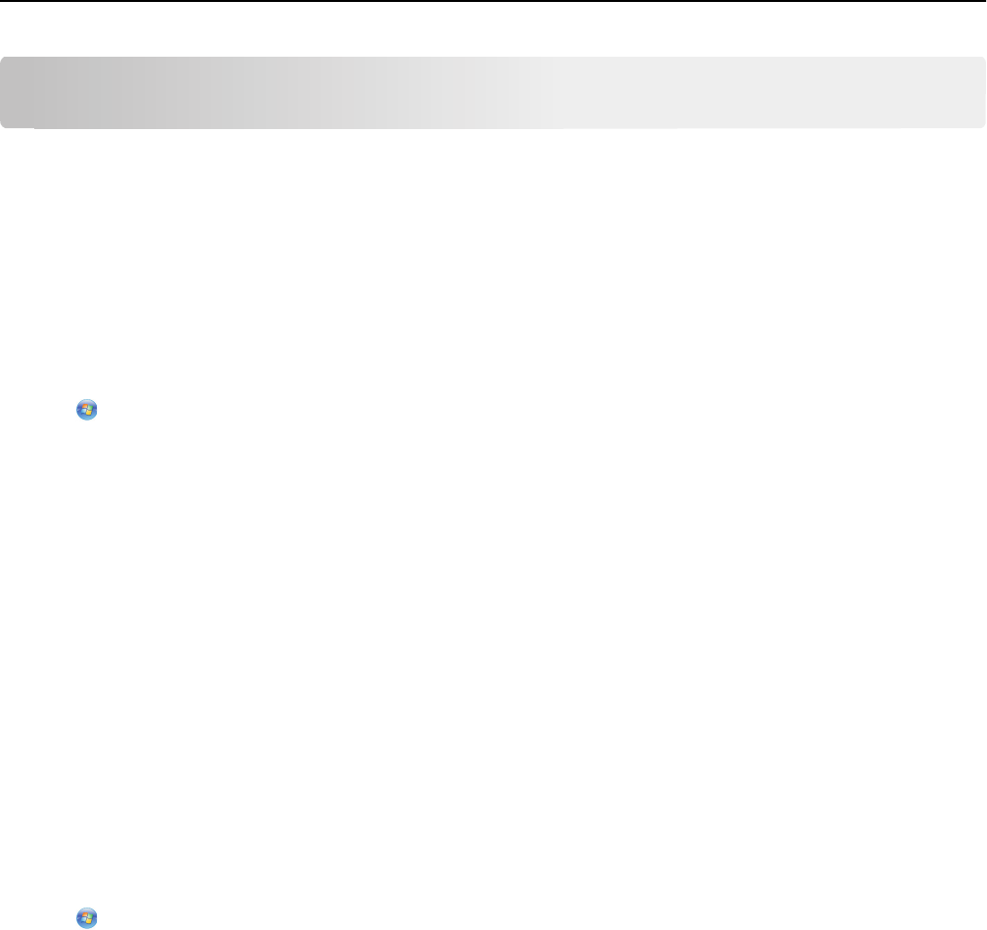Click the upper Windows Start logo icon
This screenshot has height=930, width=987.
click(x=87, y=411)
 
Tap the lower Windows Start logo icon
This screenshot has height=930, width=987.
click(x=87, y=917)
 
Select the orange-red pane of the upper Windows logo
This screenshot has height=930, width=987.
click(x=84, y=408)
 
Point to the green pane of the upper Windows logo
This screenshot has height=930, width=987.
click(x=90, y=409)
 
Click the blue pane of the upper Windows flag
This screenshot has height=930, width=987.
click(x=84, y=414)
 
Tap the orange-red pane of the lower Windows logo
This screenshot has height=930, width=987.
click(x=84, y=914)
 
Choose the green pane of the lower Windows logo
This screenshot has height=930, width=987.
click(x=90, y=915)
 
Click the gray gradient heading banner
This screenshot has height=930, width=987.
click(x=493, y=92)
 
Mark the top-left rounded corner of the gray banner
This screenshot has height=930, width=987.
click(x=4, y=60)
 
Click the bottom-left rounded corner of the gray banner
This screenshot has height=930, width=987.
click(x=4, y=124)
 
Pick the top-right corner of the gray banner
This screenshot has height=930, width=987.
click(x=982, y=60)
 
